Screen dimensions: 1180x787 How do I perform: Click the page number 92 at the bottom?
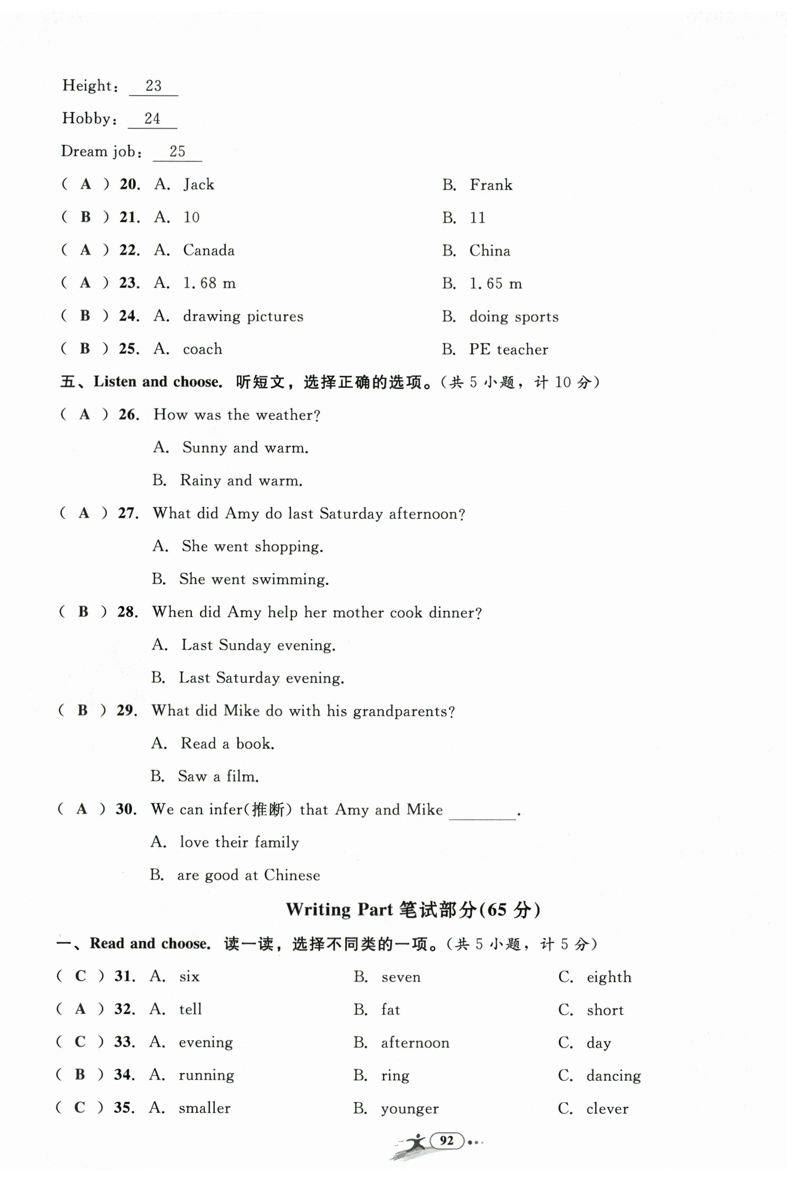446,1140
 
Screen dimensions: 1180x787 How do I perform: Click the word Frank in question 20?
491,185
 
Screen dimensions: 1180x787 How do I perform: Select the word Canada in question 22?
208,250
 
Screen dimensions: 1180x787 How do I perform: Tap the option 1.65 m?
495,284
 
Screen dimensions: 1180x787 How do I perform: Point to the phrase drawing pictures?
243,316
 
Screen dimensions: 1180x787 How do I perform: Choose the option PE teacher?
508,350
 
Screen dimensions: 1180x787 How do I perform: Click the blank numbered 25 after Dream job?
177,152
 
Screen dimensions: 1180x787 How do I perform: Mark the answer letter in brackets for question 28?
83,612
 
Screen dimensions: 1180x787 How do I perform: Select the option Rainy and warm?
241,480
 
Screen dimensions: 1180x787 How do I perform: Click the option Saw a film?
218,776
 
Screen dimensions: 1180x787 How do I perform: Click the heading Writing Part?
339,909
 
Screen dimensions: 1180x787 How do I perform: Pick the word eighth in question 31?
609,977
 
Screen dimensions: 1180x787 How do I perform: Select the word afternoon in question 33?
415,1043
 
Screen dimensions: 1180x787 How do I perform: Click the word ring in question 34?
395,1076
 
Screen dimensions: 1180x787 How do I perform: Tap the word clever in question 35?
607,1109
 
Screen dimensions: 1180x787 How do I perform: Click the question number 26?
128,415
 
